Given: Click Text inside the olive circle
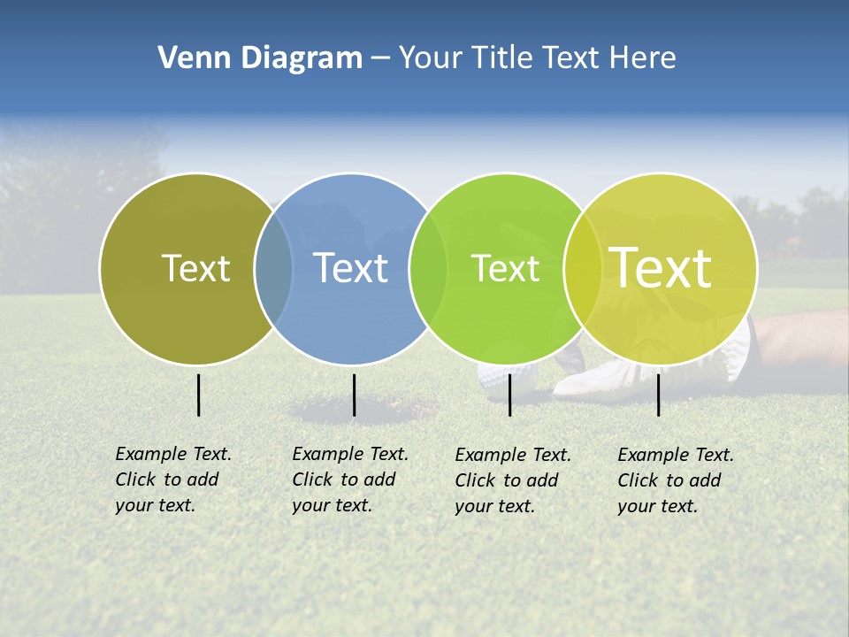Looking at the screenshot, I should point(195,268).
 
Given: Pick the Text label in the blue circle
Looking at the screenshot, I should point(350,268).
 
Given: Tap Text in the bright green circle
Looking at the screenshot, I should point(505,268).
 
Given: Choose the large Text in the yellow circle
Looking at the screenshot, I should point(661,267).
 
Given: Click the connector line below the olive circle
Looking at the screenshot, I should point(198,395).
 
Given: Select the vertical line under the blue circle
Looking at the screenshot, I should point(354,395).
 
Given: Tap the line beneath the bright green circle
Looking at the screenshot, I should point(509,395).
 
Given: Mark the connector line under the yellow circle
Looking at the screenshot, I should point(658,395).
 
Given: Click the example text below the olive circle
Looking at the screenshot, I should point(173,480).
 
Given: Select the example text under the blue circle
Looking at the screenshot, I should point(350,480).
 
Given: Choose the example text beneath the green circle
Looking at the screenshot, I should point(513,480).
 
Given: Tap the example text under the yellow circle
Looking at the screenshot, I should point(676,480).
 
